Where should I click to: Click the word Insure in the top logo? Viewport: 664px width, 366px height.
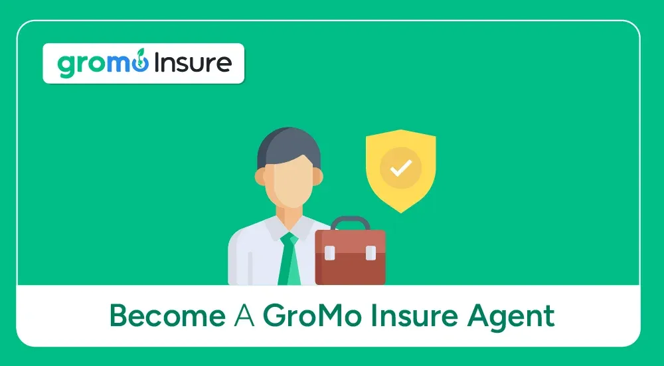193,63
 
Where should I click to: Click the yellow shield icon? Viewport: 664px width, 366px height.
400,169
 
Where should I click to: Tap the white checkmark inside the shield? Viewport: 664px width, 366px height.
400,168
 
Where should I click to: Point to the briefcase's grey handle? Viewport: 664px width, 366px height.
350,222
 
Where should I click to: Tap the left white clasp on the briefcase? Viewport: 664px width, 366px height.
329,252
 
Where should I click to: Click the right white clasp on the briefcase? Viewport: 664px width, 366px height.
371,252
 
